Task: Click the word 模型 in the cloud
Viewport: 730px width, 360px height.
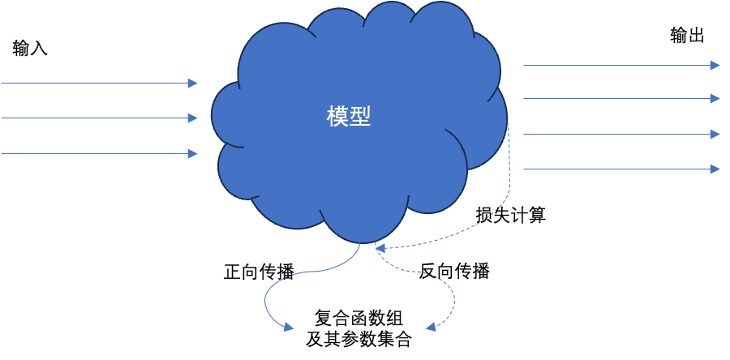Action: pyautogui.click(x=349, y=117)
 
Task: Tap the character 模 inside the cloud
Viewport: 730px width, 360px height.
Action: pyautogui.click(x=337, y=117)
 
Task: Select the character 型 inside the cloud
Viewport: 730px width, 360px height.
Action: pyautogui.click(x=360, y=117)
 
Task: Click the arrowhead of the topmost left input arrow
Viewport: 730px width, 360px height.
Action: pyautogui.click(x=193, y=84)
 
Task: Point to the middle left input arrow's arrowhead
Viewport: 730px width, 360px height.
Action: pyautogui.click(x=193, y=118)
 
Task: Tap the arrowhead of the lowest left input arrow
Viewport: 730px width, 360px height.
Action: pyautogui.click(x=193, y=154)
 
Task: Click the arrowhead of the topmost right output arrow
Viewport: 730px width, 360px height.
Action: pyautogui.click(x=715, y=65)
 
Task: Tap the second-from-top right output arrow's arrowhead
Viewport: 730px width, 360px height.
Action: pyautogui.click(x=715, y=98)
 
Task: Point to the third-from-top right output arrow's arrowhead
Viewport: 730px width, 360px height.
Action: pyautogui.click(x=715, y=134)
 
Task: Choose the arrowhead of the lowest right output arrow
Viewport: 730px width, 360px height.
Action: pyautogui.click(x=715, y=169)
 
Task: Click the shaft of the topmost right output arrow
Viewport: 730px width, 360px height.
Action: pyautogui.click(x=616, y=65)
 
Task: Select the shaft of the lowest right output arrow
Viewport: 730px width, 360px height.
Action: pyautogui.click(x=616, y=169)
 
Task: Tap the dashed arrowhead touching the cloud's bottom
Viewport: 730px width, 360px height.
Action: pyautogui.click(x=379, y=247)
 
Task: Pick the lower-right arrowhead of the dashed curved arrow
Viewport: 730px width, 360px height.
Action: pyautogui.click(x=431, y=327)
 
